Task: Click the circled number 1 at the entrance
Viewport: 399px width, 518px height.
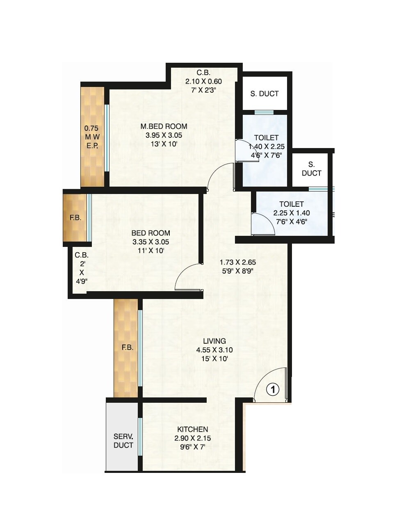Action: click(x=273, y=389)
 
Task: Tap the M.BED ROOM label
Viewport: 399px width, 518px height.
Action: click(x=164, y=126)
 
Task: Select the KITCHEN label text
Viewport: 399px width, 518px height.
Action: click(x=192, y=429)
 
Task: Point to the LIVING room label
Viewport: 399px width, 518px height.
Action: click(x=214, y=341)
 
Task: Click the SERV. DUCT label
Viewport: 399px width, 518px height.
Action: click(x=123, y=441)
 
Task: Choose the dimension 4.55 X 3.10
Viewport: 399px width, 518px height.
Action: click(x=214, y=350)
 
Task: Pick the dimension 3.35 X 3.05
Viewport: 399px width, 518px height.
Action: click(x=150, y=242)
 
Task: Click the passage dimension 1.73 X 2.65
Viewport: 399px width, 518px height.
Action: click(x=238, y=262)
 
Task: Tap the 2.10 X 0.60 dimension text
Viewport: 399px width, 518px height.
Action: click(x=203, y=82)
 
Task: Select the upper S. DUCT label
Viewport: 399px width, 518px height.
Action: click(x=264, y=94)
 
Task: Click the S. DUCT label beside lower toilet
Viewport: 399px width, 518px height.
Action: click(x=311, y=169)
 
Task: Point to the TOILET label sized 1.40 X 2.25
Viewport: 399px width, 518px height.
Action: click(x=266, y=138)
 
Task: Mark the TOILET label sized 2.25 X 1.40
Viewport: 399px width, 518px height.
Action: click(x=291, y=204)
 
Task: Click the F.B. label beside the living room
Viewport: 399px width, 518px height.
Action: click(x=127, y=347)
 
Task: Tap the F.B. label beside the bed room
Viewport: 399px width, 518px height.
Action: click(x=75, y=218)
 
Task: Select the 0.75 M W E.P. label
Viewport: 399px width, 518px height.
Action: click(x=91, y=137)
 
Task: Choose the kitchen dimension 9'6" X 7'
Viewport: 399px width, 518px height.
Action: click(x=192, y=447)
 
